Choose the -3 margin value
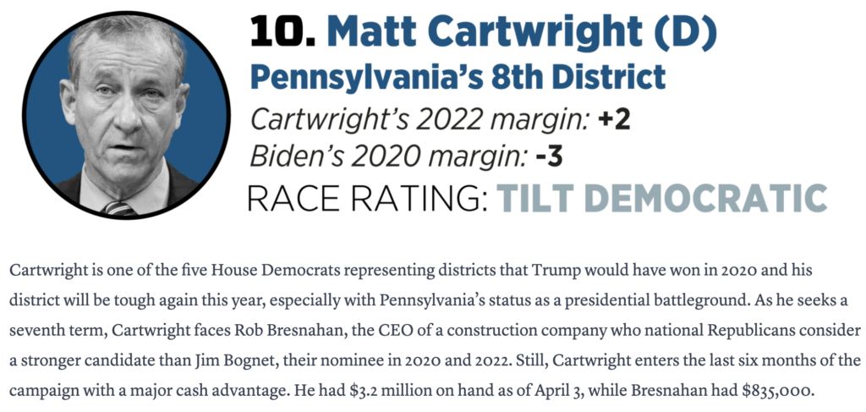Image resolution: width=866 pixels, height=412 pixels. pyautogui.click(x=549, y=157)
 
